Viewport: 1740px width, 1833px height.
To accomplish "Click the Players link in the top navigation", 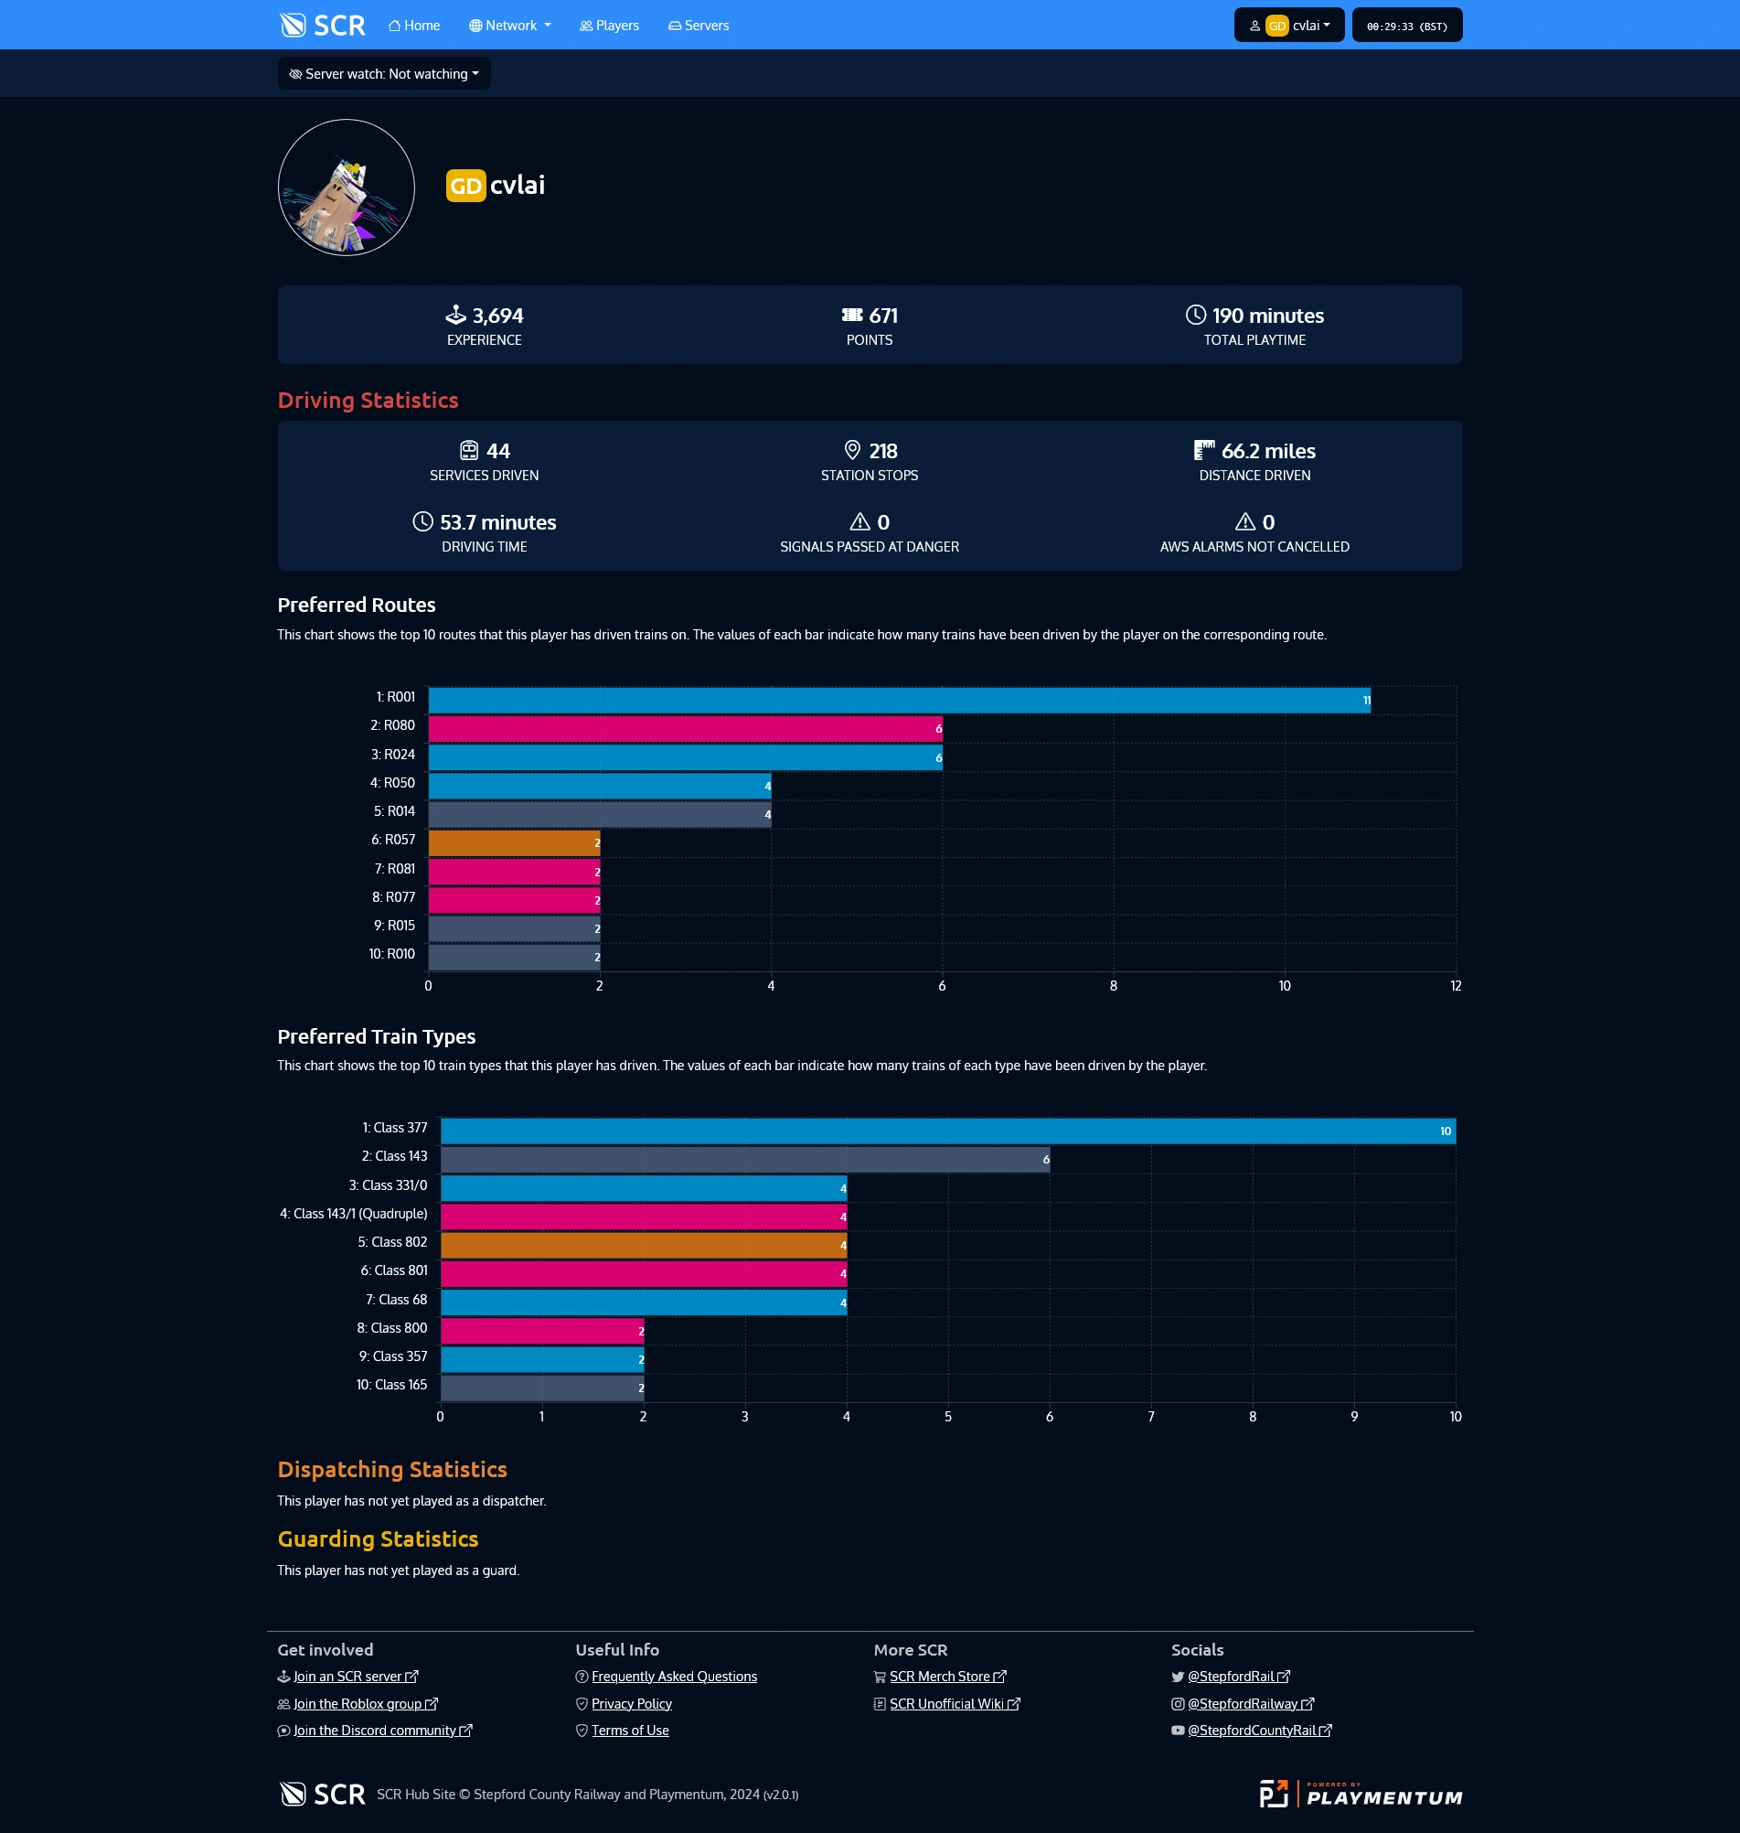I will [x=609, y=26].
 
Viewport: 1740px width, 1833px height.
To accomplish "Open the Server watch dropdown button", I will [x=384, y=74].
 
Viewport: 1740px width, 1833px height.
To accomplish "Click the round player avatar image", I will [x=346, y=188].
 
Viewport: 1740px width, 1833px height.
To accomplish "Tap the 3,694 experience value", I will [x=497, y=316].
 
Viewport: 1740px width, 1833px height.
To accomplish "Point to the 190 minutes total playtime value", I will [x=1267, y=316].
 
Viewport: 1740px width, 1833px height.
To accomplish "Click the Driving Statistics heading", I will [x=368, y=401].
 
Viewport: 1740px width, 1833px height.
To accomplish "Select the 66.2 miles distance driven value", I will [x=1267, y=451].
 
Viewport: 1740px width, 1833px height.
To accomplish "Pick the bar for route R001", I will [x=899, y=701].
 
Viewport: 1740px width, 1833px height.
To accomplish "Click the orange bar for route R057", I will [x=514, y=843].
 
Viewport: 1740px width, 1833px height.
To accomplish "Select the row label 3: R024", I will [x=393, y=756].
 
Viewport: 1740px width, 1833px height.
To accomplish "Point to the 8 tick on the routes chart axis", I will [x=1113, y=986].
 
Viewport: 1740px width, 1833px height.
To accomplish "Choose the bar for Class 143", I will [x=745, y=1160].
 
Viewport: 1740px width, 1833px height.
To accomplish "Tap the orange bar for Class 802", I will [x=643, y=1245].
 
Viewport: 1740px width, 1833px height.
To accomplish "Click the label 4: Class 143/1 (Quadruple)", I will [x=353, y=1215].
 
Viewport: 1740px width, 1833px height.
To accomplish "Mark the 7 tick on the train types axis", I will [x=1151, y=1417].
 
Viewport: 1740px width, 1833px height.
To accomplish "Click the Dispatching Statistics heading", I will [x=391, y=1469].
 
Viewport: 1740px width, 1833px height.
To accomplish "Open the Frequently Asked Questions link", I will [x=673, y=1677].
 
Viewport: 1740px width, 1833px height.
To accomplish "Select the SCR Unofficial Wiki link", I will [x=946, y=1704].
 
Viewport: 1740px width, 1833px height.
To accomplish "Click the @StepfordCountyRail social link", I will [x=1251, y=1731].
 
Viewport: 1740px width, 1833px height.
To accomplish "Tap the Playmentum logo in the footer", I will [x=1360, y=1794].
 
